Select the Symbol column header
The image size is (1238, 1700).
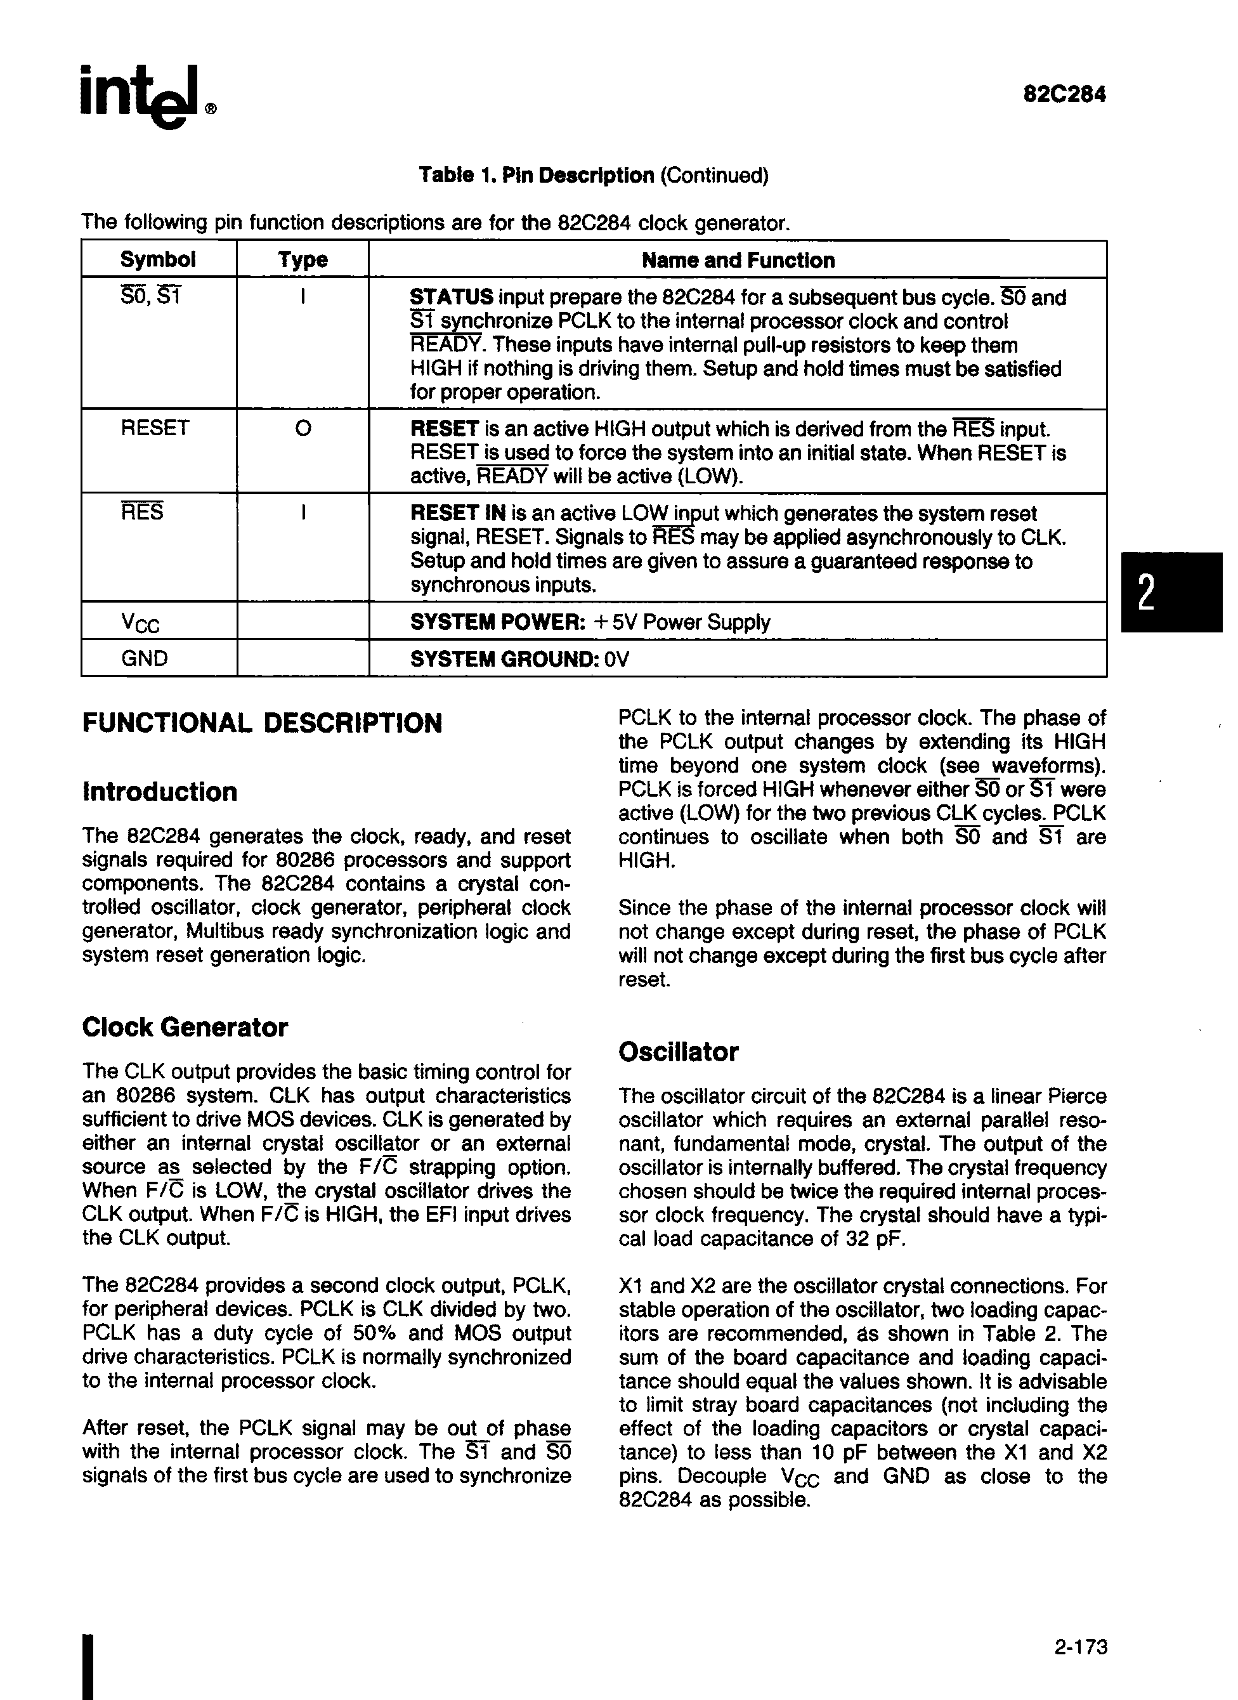(158, 260)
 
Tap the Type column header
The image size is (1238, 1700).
(303, 260)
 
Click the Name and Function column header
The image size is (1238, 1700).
(738, 261)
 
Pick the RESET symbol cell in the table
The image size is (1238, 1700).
(155, 428)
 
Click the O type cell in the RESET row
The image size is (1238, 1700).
(303, 429)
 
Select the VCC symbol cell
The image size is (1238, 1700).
(140, 622)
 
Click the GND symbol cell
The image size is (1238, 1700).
(145, 659)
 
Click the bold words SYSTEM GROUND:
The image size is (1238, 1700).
(504, 660)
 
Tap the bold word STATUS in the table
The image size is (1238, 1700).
(451, 297)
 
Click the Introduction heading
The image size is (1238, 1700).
(160, 792)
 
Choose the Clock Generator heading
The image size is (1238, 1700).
(185, 1028)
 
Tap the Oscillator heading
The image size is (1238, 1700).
(677, 1052)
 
